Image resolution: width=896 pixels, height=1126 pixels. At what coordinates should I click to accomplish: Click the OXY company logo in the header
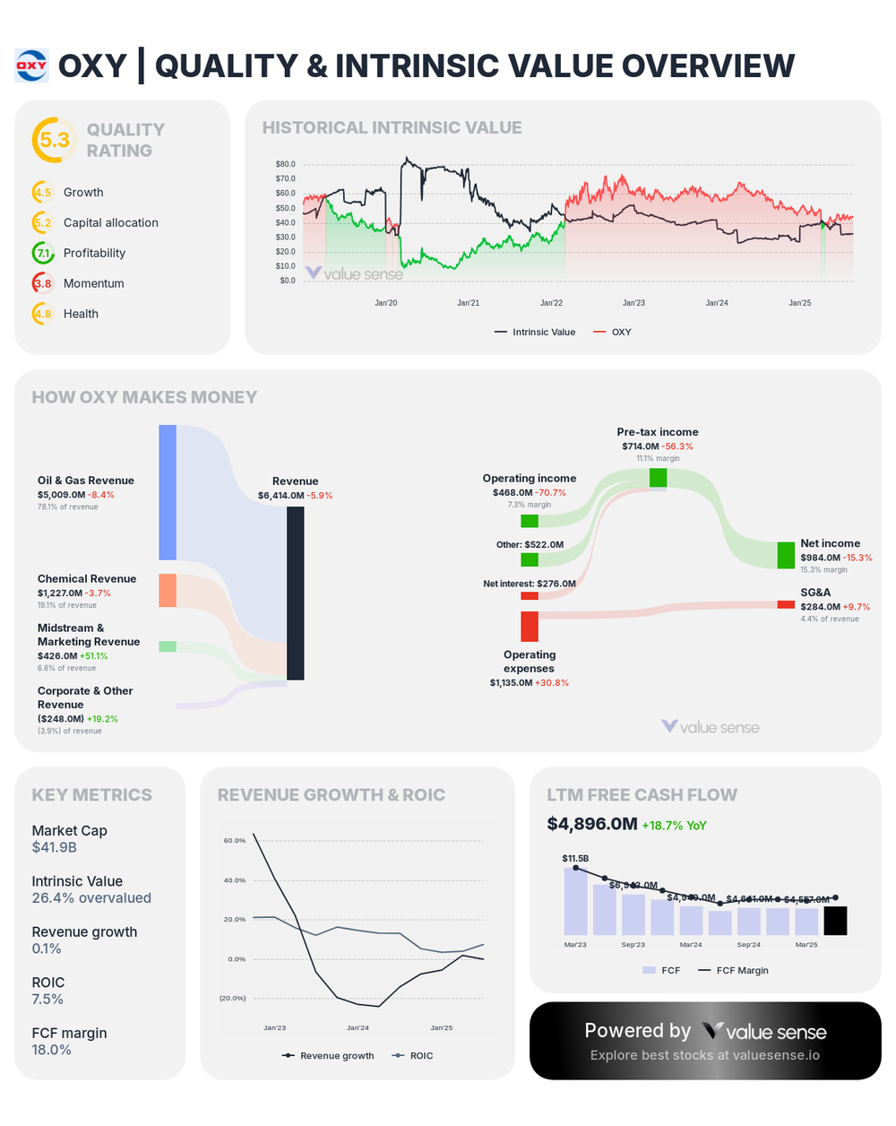(31, 65)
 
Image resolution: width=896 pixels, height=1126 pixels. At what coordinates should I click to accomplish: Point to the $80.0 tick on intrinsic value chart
(286, 164)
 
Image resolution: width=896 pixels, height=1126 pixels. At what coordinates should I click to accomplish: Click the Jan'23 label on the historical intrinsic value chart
(634, 303)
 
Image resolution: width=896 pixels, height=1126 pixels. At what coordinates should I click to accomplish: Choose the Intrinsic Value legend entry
(534, 332)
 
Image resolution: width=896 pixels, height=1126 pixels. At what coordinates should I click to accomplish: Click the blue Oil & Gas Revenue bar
(168, 492)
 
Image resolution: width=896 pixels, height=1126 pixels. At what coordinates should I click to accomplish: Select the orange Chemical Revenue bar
(168, 590)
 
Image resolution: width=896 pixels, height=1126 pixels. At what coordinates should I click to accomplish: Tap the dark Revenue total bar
(296, 593)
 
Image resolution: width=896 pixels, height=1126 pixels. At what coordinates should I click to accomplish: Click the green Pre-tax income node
(659, 477)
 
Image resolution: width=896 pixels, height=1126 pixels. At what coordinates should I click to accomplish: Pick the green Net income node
(786, 555)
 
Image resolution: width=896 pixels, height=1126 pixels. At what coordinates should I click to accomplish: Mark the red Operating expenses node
(530, 626)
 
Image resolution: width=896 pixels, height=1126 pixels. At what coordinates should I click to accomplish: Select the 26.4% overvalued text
(91, 897)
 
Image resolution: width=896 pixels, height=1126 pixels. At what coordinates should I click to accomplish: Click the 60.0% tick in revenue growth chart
(234, 841)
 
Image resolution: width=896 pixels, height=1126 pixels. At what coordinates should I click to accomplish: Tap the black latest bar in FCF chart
(835, 921)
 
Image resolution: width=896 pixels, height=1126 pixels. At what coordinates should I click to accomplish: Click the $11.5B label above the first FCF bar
(575, 858)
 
